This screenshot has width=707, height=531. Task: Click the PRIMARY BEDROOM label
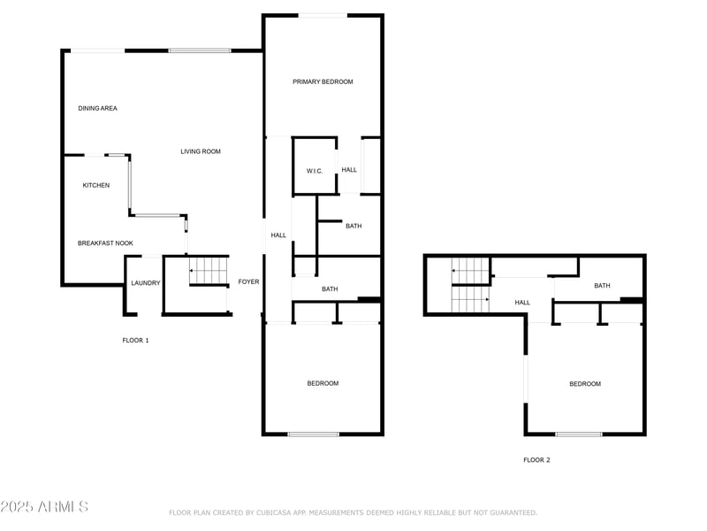pos(323,81)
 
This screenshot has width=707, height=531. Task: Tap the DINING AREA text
pos(97,108)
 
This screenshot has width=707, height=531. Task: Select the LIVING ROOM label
pos(201,151)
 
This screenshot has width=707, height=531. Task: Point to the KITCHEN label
pos(96,185)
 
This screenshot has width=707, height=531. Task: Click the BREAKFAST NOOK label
pos(105,242)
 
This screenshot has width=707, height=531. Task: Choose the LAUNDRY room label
pos(145,283)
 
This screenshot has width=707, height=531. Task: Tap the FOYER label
pos(248,281)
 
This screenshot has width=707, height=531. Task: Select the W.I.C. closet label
pos(315,170)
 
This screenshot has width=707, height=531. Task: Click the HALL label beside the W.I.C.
pos(349,170)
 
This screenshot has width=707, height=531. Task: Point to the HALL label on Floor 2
pos(522,303)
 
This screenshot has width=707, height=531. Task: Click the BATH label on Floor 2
pos(602,285)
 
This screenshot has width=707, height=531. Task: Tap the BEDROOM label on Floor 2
pos(584,383)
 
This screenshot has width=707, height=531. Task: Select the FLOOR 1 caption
pos(135,340)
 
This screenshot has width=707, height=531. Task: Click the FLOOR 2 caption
pos(536,459)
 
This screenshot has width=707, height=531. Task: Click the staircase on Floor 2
pos(470,285)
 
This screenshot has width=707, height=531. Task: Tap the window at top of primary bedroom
pos(322,15)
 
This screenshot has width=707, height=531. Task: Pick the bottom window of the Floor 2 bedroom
pos(579,434)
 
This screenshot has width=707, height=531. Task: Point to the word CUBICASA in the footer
pos(278,512)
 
